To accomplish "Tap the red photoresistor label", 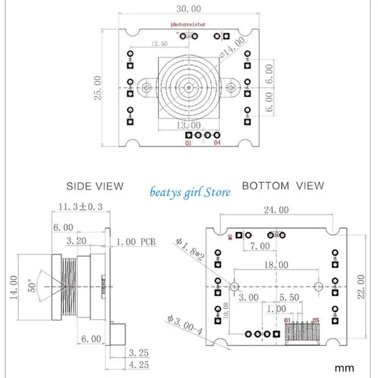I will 189,24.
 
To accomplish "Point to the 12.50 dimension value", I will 160,44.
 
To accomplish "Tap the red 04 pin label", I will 217,143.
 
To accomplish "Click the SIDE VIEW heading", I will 94,186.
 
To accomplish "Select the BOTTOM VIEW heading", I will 283,186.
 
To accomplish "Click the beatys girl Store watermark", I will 190,192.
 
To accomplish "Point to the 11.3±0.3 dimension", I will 80,206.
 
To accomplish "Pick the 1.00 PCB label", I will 135,242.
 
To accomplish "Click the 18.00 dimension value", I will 276,265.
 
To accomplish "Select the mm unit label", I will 344,367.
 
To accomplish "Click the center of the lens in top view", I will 189,87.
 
